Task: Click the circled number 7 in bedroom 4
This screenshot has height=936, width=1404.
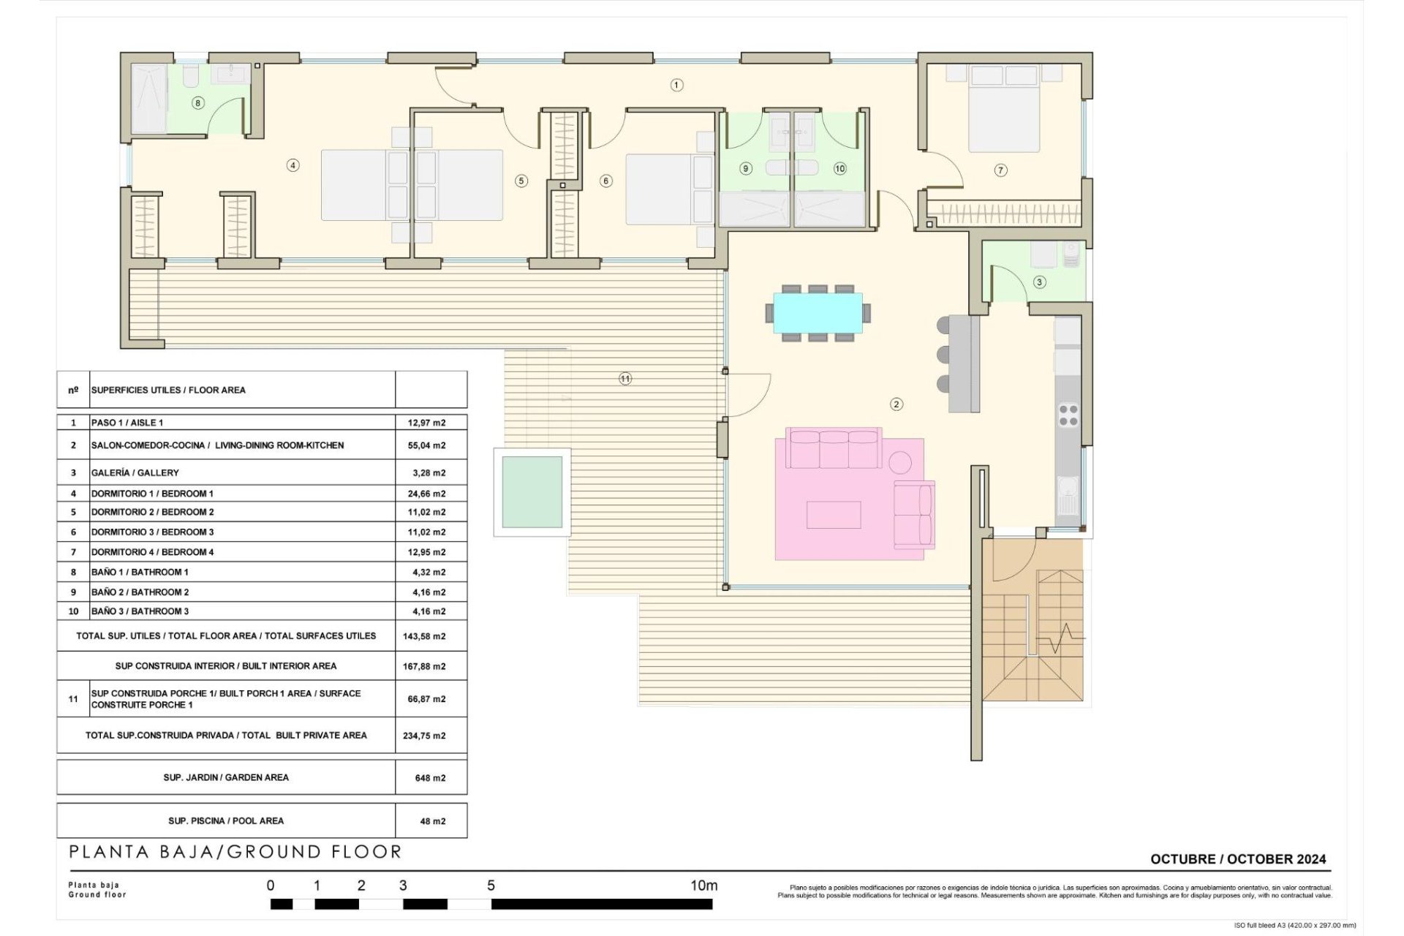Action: [x=1000, y=170]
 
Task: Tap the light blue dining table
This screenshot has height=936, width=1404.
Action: [x=818, y=313]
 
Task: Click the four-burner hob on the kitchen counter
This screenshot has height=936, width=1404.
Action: [x=1068, y=415]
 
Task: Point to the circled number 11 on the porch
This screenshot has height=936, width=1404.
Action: [x=624, y=379]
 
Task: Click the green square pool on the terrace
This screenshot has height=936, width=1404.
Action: [x=532, y=491]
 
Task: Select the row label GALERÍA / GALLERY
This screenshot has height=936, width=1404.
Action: [x=135, y=473]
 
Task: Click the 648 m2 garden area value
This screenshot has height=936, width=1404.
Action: [x=430, y=778]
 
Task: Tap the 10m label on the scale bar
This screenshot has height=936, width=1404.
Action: [x=703, y=886]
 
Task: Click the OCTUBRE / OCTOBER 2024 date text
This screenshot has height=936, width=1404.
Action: [x=1237, y=859]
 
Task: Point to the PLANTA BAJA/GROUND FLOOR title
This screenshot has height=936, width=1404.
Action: [x=235, y=852]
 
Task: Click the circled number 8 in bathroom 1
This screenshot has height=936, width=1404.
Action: [x=197, y=103]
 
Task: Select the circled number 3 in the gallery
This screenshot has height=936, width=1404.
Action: [x=1039, y=282]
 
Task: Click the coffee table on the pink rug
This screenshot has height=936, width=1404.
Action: [x=834, y=514]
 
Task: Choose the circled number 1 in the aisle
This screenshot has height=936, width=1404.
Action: [x=676, y=85]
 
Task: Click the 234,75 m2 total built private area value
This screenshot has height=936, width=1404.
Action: [x=424, y=736]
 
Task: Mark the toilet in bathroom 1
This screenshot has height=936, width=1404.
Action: [x=190, y=75]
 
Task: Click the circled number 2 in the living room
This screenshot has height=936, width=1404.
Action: [x=897, y=404]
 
